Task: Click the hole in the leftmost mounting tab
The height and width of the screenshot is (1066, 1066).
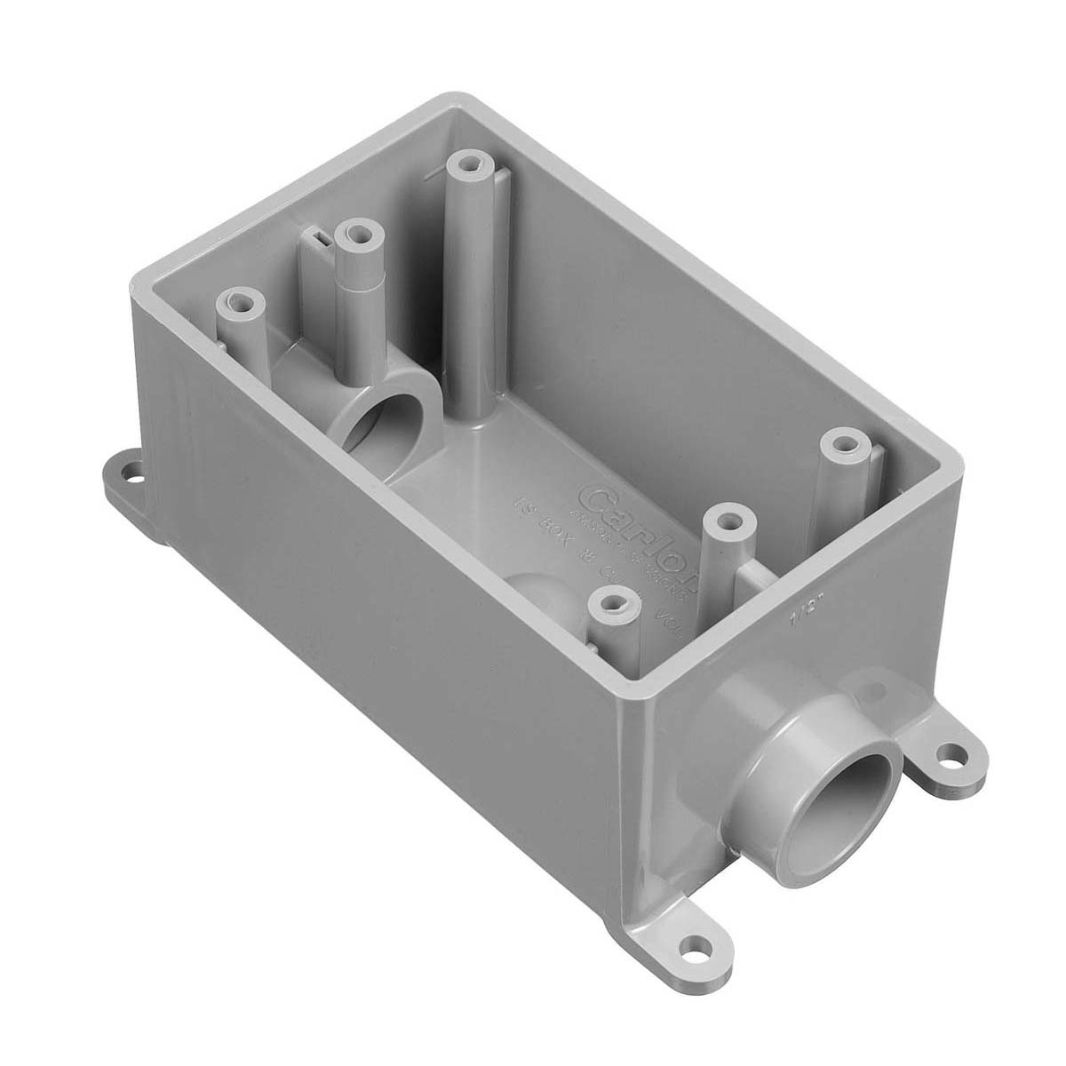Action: [x=133, y=470]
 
